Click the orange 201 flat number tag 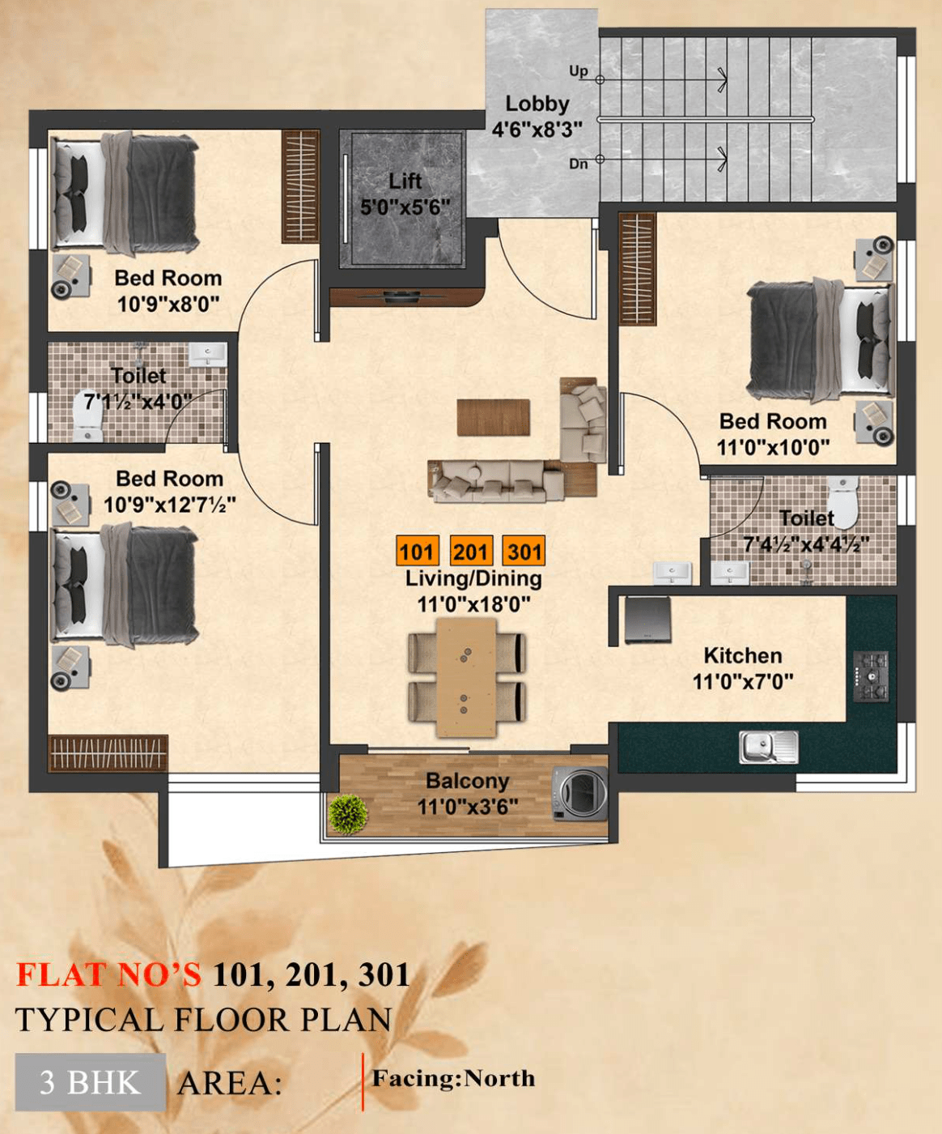(x=470, y=552)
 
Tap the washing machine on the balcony (x=579, y=794)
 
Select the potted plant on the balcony (x=349, y=814)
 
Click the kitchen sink (x=768, y=747)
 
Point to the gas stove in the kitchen (x=871, y=676)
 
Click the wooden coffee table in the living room (x=493, y=417)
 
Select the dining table (x=466, y=677)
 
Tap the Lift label (x=405, y=181)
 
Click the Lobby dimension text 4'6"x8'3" (x=537, y=130)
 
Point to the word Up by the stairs (x=578, y=71)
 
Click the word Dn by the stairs (x=578, y=164)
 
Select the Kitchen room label (x=742, y=655)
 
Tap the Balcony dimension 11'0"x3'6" (x=467, y=807)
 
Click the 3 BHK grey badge (x=90, y=1082)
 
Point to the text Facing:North (x=453, y=1078)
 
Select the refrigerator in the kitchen (x=647, y=620)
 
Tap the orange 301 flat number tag (x=524, y=552)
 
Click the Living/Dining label (x=473, y=578)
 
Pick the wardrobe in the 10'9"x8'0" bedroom (x=300, y=186)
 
